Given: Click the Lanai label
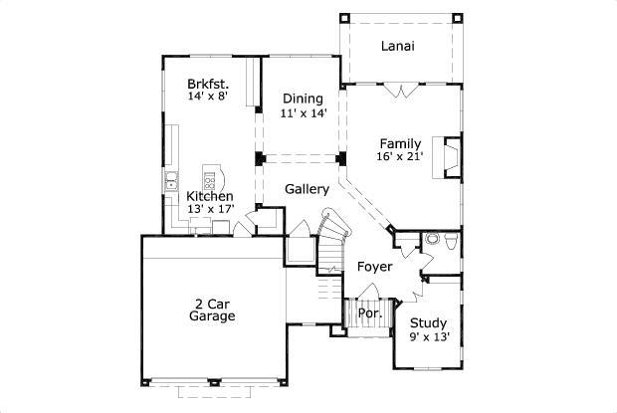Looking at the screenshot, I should [398, 46].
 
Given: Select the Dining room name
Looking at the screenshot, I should [302, 99].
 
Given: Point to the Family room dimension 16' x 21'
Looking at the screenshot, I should [399, 157].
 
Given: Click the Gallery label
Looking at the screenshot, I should [307, 189].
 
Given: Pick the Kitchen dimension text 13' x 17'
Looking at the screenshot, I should [210, 209].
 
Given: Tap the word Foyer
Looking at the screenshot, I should [374, 267].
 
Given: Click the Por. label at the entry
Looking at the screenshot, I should [370, 312].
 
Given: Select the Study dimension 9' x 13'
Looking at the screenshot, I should [429, 337].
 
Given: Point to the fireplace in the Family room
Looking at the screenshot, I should [453, 156].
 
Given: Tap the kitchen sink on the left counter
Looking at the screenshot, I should [171, 181].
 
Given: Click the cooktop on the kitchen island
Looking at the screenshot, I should [210, 179].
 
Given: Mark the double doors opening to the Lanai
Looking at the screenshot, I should [400, 92].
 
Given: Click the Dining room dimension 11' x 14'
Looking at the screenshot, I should [302, 113].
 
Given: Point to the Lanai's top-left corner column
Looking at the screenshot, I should [344, 17].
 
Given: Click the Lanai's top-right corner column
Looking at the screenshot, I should [458, 17].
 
